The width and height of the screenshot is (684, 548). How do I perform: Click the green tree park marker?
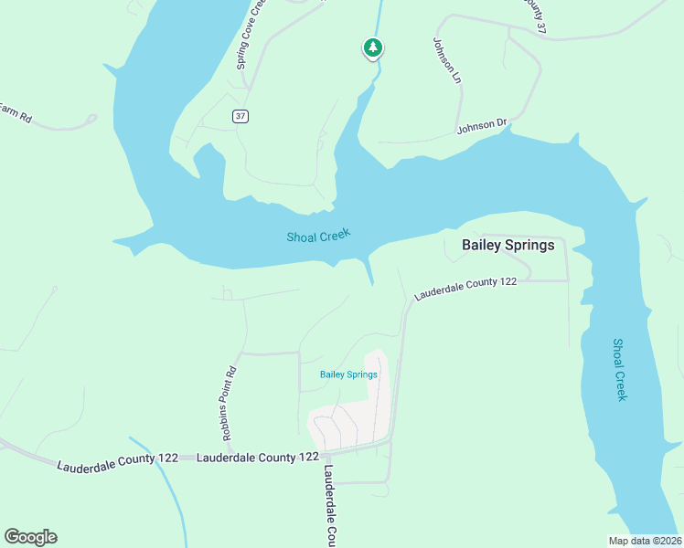click(x=372, y=47)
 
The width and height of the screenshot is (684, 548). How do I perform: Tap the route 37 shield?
click(x=240, y=116)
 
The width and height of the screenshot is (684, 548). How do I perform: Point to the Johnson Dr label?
click(x=481, y=126)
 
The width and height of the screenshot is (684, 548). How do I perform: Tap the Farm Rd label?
click(x=15, y=113)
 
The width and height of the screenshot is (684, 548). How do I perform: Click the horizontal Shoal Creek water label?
click(x=319, y=237)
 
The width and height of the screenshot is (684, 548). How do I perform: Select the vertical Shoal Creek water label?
click(x=618, y=369)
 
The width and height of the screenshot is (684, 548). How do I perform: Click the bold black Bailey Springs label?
click(x=508, y=245)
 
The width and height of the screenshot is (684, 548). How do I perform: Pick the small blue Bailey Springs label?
click(x=348, y=374)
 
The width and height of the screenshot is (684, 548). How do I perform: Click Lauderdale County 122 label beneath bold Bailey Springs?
click(x=465, y=289)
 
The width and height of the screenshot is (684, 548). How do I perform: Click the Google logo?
click(x=30, y=537)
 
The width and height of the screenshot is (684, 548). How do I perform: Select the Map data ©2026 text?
click(x=645, y=540)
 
